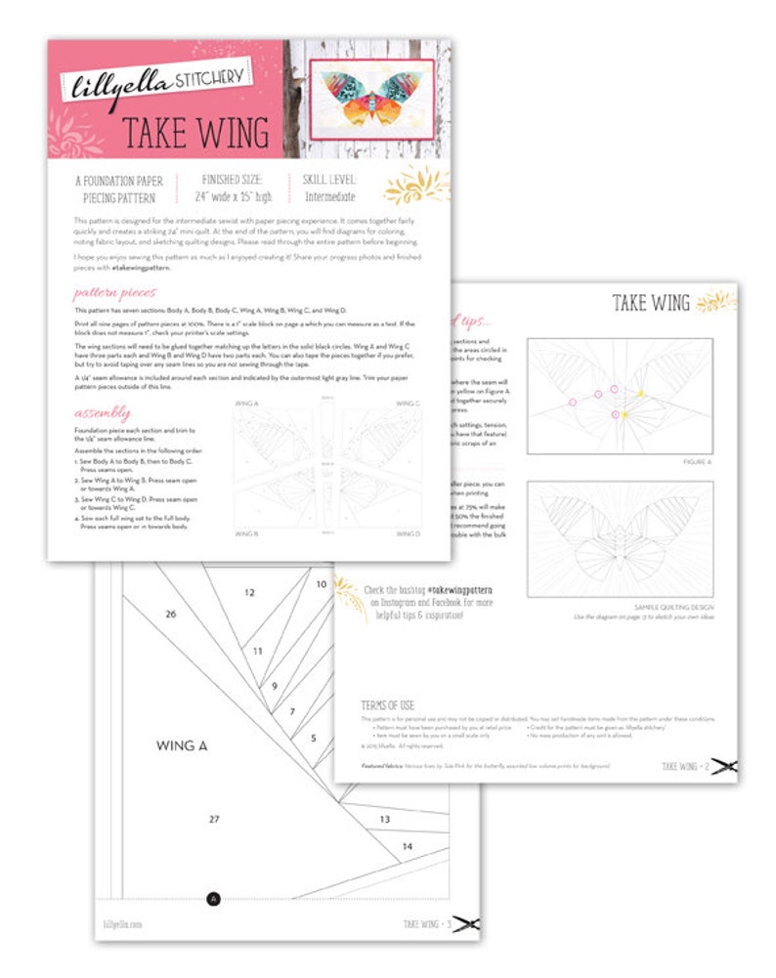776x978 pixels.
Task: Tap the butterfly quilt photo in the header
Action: pyautogui.click(x=370, y=99)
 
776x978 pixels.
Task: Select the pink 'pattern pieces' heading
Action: pyautogui.click(x=114, y=292)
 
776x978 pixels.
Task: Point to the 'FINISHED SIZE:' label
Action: pyautogui.click(x=232, y=181)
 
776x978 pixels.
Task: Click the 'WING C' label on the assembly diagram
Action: pyautogui.click(x=408, y=403)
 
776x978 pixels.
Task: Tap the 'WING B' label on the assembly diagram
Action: pyautogui.click(x=246, y=533)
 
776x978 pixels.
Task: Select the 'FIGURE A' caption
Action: pyautogui.click(x=695, y=461)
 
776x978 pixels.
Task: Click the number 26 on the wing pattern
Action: pyautogui.click(x=171, y=615)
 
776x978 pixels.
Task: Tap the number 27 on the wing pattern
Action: pyautogui.click(x=214, y=820)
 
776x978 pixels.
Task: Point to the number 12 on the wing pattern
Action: pyautogui.click(x=250, y=592)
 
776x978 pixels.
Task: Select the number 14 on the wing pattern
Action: pyautogui.click(x=408, y=846)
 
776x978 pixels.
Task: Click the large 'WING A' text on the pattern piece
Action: pyautogui.click(x=183, y=745)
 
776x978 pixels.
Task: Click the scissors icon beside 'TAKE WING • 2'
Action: pyautogui.click(x=724, y=767)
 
